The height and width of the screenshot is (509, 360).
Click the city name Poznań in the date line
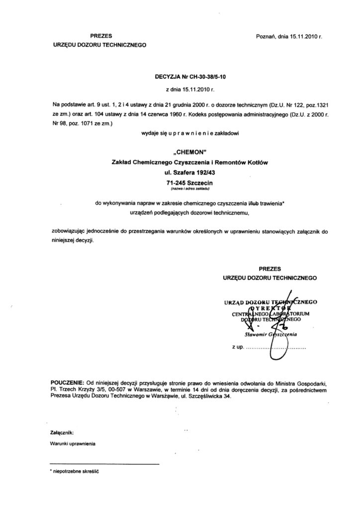point(266,37)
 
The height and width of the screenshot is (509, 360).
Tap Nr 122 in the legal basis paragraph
point(267,104)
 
